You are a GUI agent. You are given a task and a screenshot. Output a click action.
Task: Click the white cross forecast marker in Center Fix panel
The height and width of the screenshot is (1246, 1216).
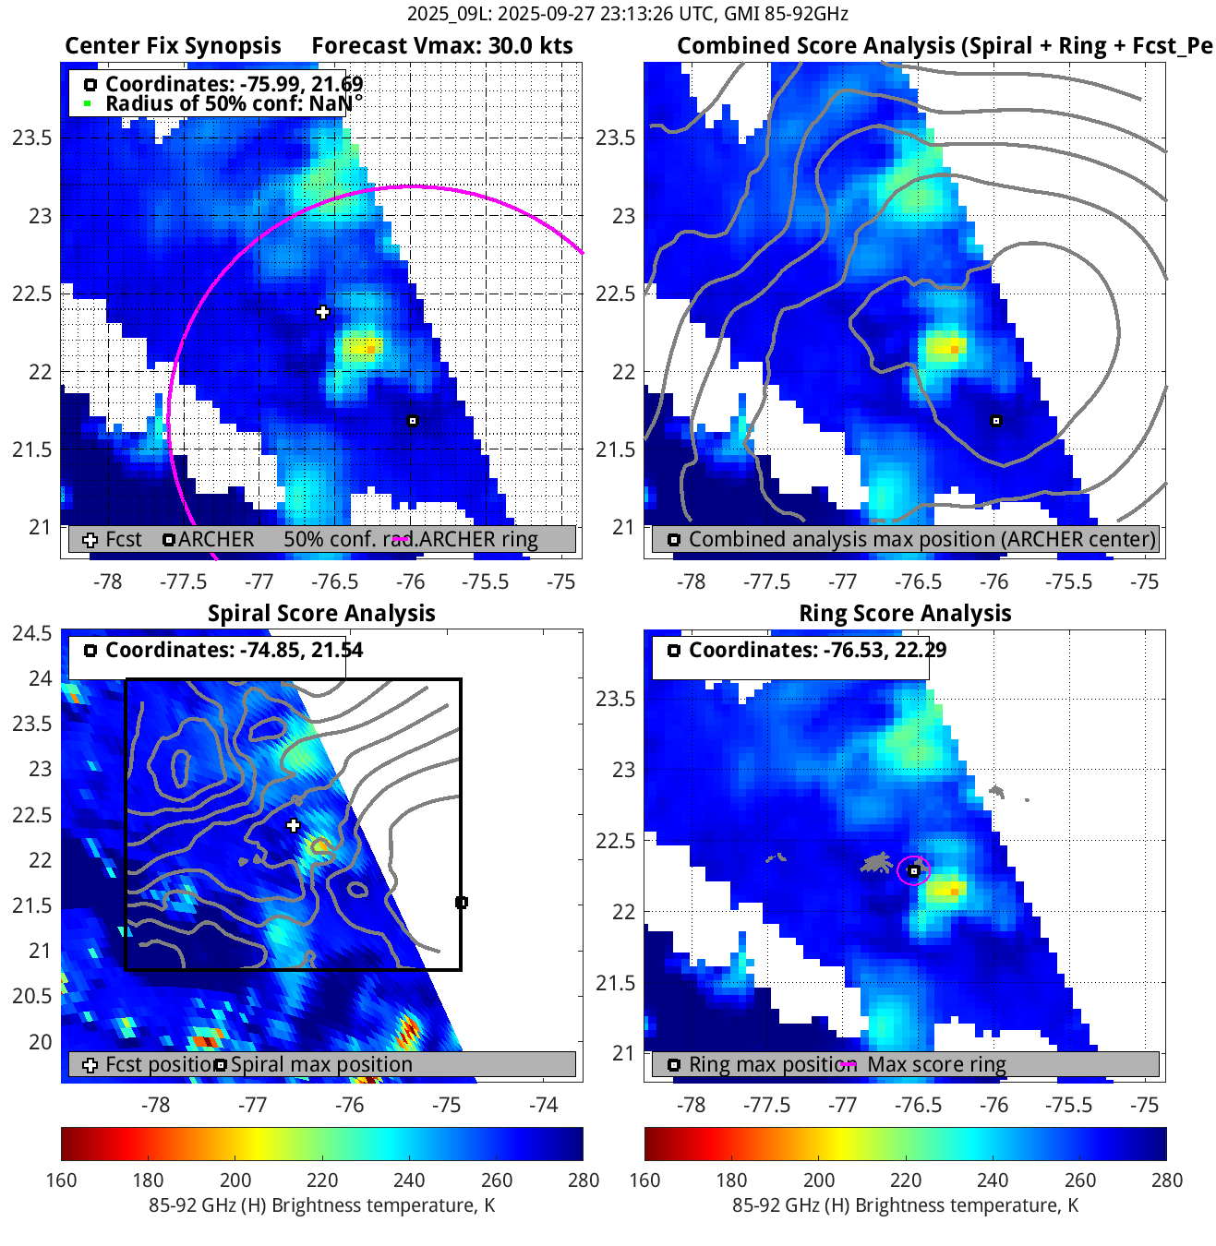322,312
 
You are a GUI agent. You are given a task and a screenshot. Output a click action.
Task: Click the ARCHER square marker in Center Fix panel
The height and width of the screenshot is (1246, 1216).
413,421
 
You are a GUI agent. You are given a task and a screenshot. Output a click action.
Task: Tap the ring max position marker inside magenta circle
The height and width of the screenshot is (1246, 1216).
913,870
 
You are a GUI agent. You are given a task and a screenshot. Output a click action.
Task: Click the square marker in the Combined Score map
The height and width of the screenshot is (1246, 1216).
995,421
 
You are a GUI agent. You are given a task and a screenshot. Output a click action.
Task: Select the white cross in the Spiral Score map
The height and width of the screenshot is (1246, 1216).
294,825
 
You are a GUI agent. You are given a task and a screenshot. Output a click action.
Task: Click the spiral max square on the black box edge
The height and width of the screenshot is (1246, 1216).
462,902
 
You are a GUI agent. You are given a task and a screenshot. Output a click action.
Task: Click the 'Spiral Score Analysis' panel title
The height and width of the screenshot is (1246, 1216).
321,614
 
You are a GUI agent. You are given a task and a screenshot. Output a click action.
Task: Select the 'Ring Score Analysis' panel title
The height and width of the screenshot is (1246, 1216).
905,614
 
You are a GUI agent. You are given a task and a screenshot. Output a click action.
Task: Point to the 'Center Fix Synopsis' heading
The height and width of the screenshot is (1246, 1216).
173,46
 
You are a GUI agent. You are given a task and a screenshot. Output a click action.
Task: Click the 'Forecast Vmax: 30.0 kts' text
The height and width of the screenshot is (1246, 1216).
441,46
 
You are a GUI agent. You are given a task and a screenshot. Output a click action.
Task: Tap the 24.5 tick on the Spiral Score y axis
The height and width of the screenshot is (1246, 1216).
32,633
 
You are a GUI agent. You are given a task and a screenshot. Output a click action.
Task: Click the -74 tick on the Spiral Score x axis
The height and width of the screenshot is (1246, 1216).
544,1105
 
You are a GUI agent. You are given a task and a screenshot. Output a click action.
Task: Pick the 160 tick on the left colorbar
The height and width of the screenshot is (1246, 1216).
62,1180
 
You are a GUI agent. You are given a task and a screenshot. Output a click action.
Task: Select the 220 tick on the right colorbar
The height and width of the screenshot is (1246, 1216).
906,1180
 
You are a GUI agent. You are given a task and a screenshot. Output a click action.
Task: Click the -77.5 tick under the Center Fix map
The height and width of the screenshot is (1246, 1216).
184,581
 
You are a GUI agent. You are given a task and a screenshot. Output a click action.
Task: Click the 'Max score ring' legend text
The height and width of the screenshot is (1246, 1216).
936,1064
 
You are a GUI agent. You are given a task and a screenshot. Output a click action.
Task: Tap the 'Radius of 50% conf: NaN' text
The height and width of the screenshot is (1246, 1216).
234,103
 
